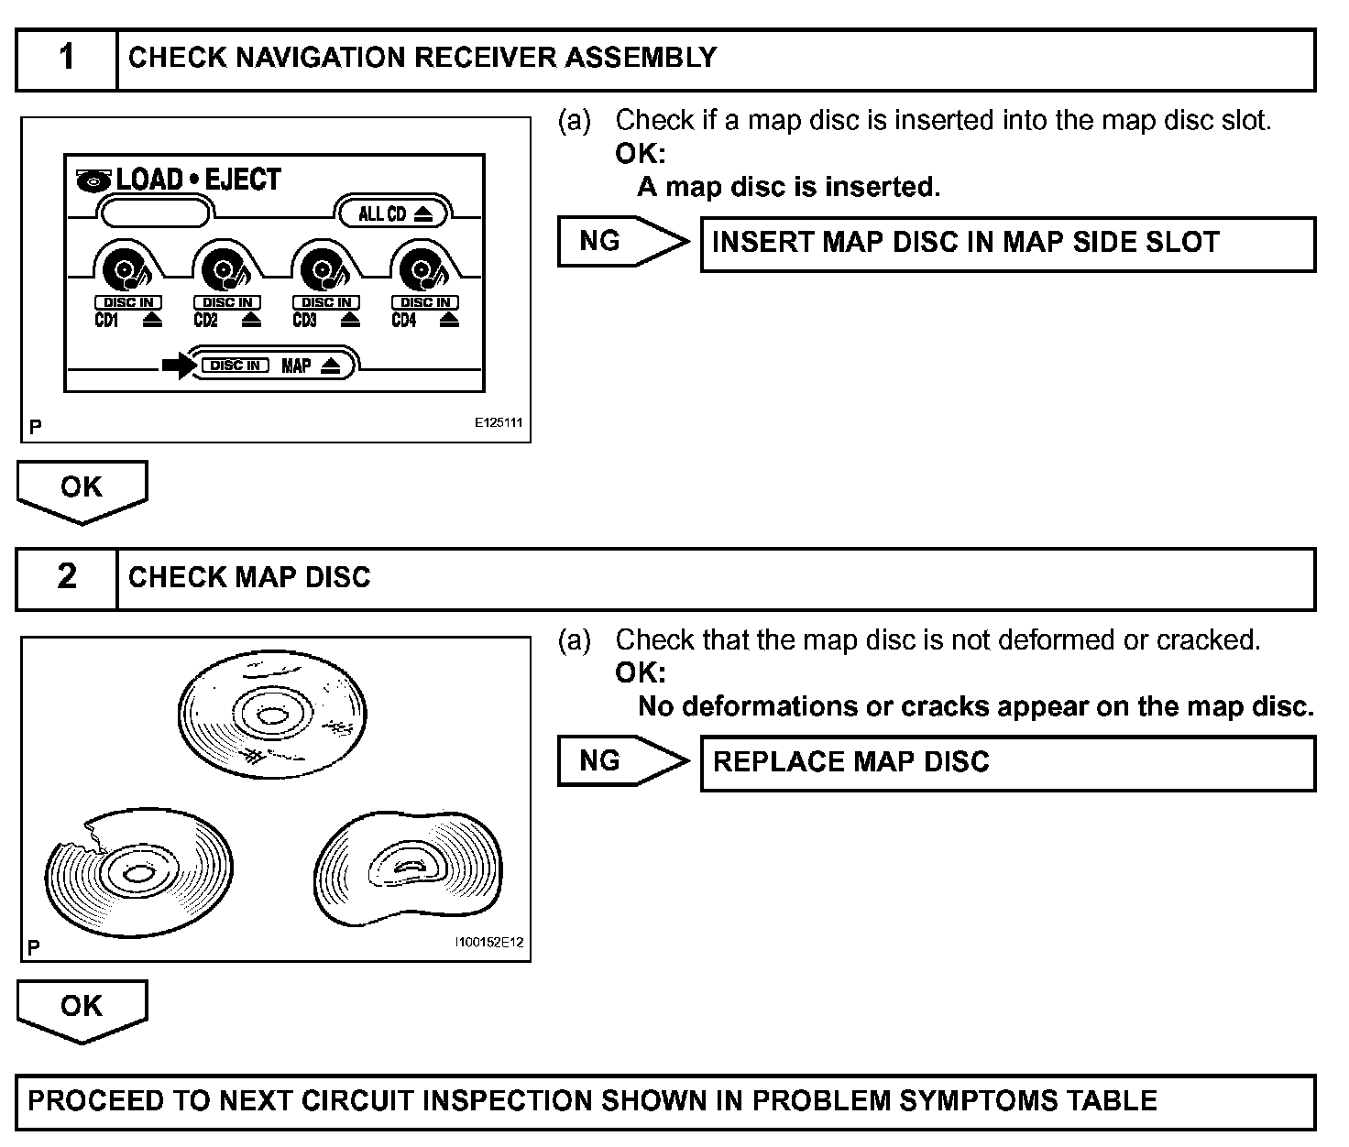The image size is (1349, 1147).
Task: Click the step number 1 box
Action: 67,59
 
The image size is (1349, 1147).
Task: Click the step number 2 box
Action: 67,578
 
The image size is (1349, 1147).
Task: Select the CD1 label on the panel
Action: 106,321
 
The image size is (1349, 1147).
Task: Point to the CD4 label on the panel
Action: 403,321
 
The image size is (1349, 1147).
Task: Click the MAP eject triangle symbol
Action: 331,366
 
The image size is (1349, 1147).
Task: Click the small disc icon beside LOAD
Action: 93,181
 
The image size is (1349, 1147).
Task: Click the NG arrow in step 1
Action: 622,242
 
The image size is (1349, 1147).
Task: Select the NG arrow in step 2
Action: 622,761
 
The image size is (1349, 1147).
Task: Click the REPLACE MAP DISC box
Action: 1007,763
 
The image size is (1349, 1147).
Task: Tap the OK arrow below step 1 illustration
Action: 82,490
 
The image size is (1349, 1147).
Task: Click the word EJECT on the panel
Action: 243,180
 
